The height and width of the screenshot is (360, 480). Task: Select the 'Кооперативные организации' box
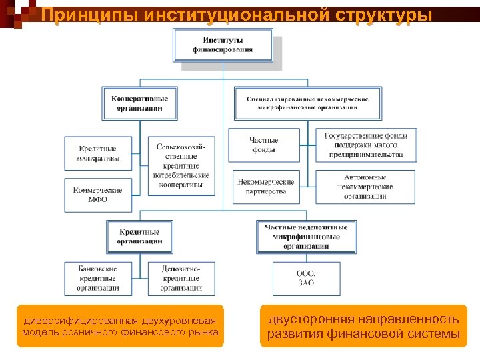tap(140, 103)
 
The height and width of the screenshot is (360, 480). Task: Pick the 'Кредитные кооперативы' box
tap(97, 153)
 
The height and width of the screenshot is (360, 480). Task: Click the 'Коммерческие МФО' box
tap(97, 195)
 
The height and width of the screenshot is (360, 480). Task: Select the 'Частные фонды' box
tap(263, 145)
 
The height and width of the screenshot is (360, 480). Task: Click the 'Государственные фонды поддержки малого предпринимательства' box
tap(366, 145)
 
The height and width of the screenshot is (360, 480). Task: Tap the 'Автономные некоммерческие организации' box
tap(365, 186)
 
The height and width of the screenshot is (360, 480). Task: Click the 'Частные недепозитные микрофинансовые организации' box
tap(306, 237)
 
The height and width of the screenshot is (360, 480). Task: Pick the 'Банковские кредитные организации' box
tap(97, 278)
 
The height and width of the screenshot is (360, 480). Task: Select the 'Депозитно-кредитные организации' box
tap(181, 278)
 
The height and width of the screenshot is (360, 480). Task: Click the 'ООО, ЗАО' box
tap(306, 278)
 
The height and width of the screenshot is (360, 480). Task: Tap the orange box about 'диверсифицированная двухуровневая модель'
tap(120, 326)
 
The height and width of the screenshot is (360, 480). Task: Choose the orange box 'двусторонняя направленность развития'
tap(363, 326)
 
